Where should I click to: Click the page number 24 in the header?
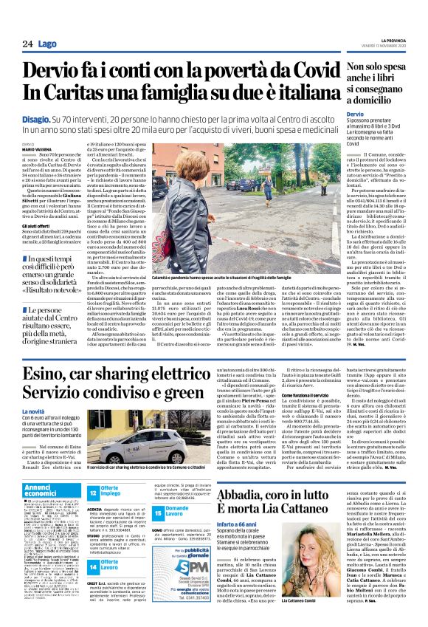click(x=27, y=44)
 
